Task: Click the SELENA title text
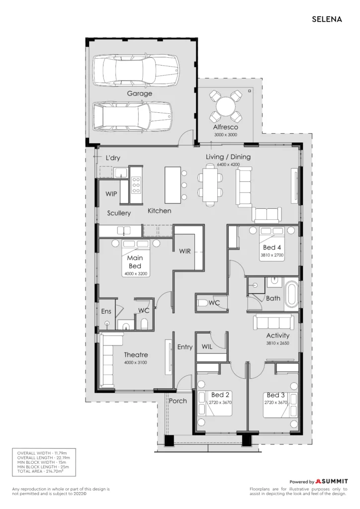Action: [327, 19]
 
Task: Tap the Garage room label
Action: [140, 93]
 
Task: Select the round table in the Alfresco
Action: [226, 106]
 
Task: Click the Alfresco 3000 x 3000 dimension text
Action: [226, 135]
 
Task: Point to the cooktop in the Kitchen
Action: [136, 184]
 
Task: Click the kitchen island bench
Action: [173, 185]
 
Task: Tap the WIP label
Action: [111, 194]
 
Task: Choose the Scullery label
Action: [119, 213]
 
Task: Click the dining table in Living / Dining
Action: [210, 185]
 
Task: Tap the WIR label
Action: [184, 251]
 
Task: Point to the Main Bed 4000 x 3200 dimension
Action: [136, 274]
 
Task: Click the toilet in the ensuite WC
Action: [145, 323]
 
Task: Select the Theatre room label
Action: [136, 355]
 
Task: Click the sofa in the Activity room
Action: [276, 322]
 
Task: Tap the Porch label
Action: [178, 401]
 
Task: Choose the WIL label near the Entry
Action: [207, 346]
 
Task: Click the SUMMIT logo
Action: [332, 481]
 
